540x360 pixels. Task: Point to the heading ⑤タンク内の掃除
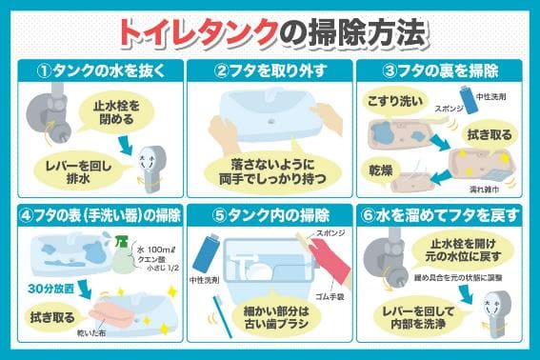click(270, 213)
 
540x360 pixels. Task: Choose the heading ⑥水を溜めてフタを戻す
click(449, 213)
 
